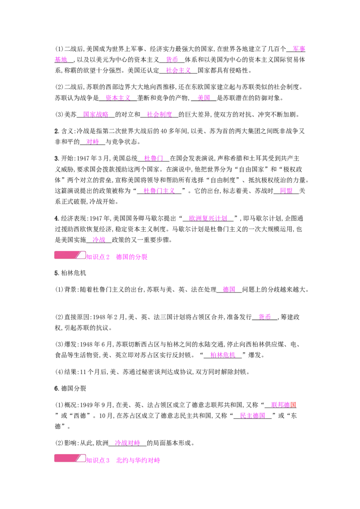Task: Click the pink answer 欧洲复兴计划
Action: coord(208,219)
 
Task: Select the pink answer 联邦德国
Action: coord(283,405)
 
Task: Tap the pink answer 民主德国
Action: coord(252,415)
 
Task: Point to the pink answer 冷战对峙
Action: coord(127,443)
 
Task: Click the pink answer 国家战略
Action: coord(96,114)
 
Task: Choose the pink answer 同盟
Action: coord(286,191)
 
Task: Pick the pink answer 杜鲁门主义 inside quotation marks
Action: coord(159,191)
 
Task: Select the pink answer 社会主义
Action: coord(178,70)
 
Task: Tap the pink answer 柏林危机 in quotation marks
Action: coord(223,355)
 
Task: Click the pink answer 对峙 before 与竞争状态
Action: coord(93,142)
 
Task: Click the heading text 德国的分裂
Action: coord(131,257)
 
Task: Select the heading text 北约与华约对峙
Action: coord(138,460)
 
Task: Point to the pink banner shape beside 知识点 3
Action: coord(70,458)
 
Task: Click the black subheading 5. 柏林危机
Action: coord(70,273)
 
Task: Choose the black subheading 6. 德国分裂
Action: coord(70,388)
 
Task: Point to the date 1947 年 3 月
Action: coord(93,158)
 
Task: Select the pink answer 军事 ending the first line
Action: coord(299,49)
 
